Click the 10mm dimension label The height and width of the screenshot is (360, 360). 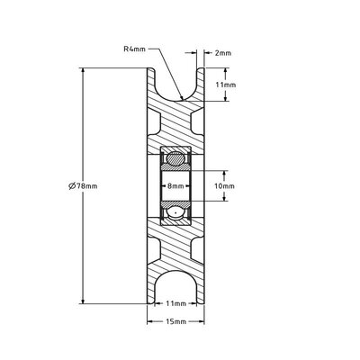(x=226, y=186)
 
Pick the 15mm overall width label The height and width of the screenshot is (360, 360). (x=175, y=321)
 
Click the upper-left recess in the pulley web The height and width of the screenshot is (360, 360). (x=152, y=121)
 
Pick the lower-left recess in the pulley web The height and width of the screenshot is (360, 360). (x=152, y=251)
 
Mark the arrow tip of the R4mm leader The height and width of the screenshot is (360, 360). (x=182, y=96)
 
